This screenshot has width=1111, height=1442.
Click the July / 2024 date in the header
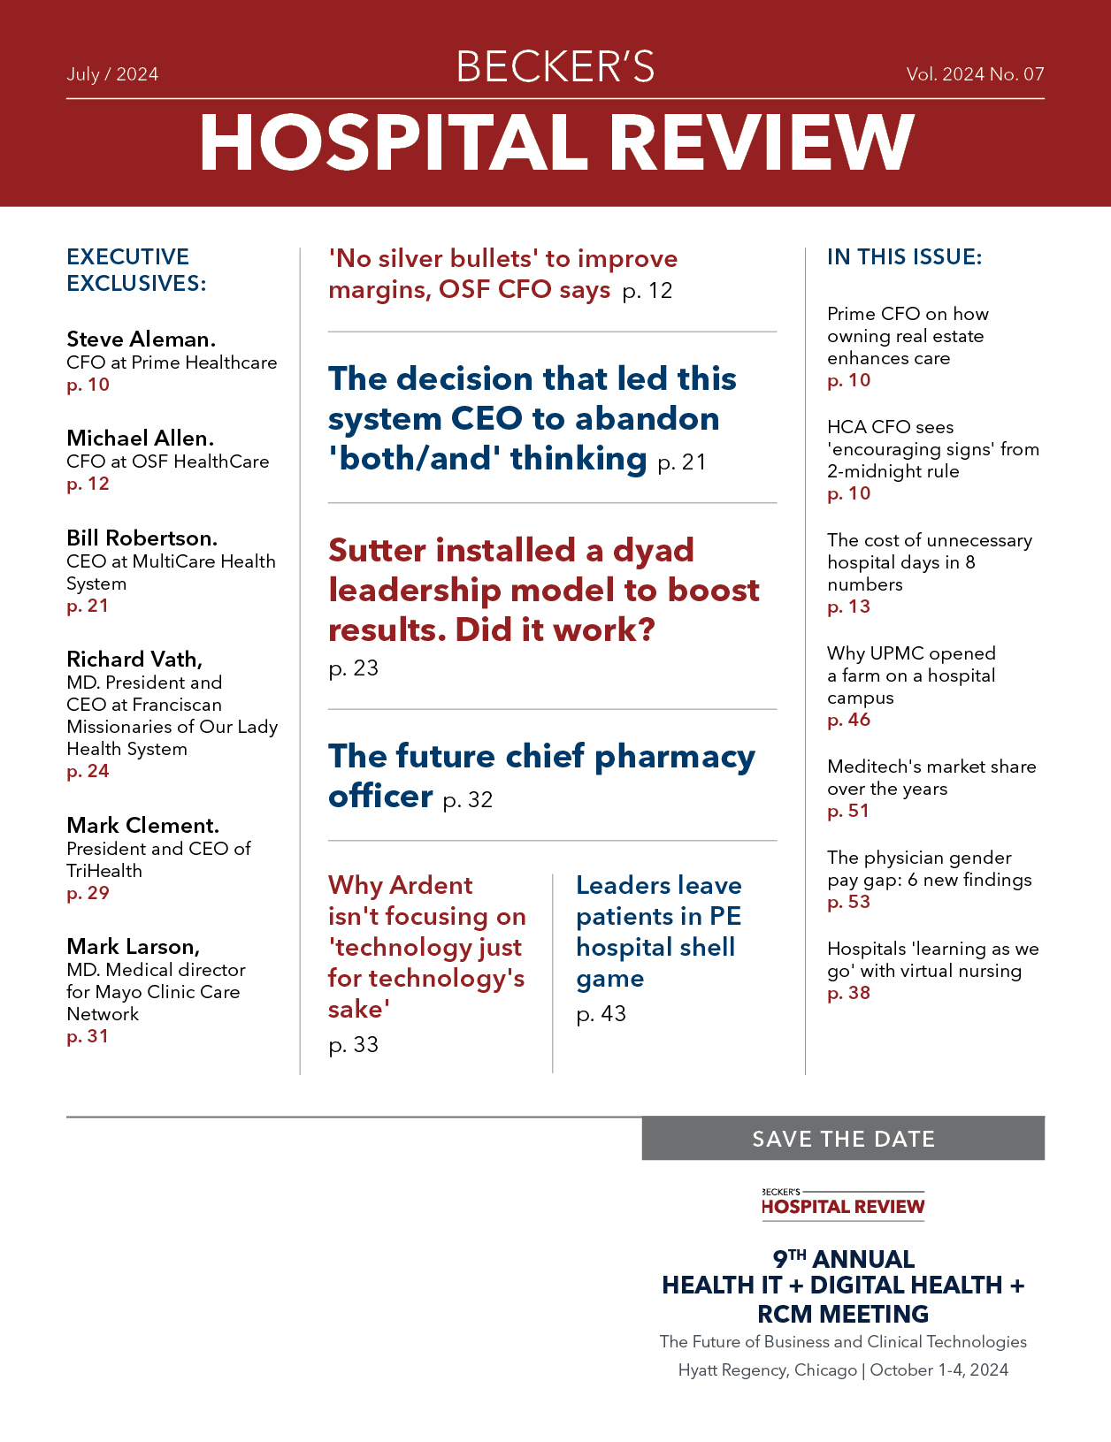pos(112,74)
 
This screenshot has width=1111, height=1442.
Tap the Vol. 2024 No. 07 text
pos(975,74)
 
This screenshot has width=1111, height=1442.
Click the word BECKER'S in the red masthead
pos(555,67)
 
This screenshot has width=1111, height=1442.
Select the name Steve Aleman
pos(141,340)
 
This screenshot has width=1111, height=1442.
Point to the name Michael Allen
pos(140,439)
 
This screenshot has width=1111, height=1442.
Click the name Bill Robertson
pos(142,538)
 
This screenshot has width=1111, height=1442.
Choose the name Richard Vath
pos(134,660)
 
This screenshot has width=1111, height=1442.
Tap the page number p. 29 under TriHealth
pos(88,893)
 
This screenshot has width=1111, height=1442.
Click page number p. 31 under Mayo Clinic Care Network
pos(88,1036)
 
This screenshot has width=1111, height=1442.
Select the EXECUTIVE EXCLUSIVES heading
pos(136,270)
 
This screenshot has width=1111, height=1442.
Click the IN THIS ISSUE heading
pos(904,257)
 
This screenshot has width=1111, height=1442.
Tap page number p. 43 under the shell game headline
pos(601,1014)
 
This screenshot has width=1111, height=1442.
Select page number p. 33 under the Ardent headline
pos(353,1045)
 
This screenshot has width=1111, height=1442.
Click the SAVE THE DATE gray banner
pos(843,1139)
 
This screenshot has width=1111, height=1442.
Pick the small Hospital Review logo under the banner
pos(843,1204)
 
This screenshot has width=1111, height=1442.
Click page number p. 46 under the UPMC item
pos(848,720)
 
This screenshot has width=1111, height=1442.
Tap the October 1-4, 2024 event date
pos(939,1370)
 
